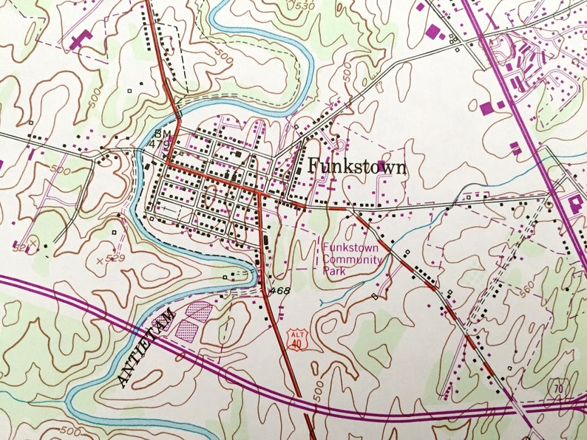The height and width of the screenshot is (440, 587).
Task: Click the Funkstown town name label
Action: tap(356, 167)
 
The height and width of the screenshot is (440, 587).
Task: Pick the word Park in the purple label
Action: tap(333, 270)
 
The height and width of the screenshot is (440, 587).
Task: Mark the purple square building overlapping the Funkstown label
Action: tap(381, 164)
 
